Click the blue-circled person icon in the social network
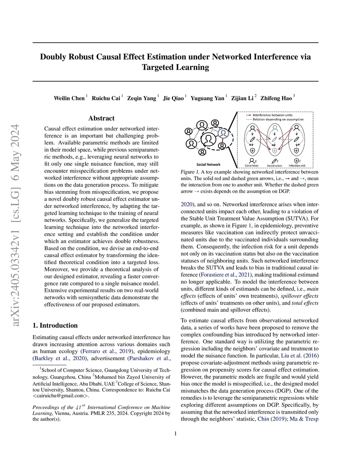223,133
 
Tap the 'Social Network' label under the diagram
208,164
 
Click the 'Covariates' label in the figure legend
252,166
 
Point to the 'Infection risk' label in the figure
297,166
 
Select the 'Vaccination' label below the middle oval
274,166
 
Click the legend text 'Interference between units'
272,115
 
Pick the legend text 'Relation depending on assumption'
278,120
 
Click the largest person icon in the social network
208,140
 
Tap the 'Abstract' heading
101,118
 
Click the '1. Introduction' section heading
55,325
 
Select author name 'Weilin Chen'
69,98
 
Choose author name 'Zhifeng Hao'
276,98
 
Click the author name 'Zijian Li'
242,98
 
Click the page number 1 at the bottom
175,433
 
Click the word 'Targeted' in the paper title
158,67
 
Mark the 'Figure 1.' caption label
190,172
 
